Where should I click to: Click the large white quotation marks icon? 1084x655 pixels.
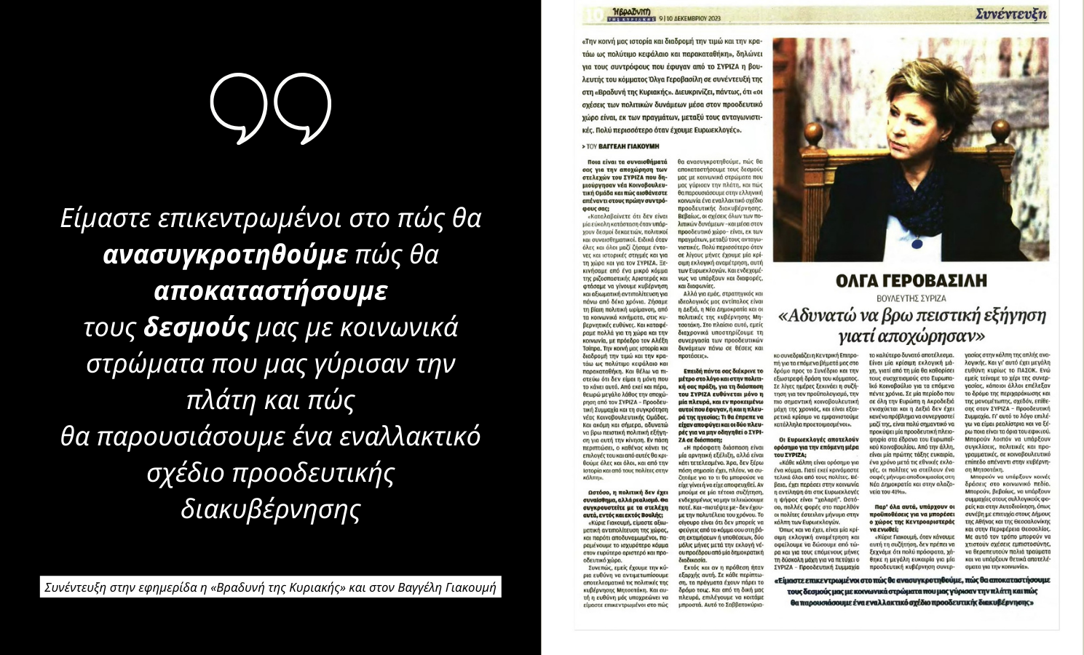point(271,107)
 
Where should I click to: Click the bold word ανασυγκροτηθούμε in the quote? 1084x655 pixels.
point(225,255)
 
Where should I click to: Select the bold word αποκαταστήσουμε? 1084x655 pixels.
point(270,291)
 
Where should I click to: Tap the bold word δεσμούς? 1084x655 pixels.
point(196,328)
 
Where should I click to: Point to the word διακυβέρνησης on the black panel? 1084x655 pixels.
point(270,509)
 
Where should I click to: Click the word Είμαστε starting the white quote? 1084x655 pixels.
point(106,218)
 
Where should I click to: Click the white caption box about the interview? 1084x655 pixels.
point(270,587)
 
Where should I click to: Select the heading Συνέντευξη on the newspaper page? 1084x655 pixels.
point(1011,13)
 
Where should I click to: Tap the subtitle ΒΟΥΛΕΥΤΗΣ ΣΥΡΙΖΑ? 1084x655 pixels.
point(911,298)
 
